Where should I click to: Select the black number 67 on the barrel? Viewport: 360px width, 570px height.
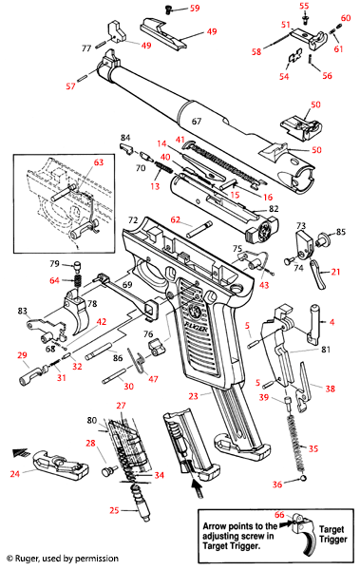197,122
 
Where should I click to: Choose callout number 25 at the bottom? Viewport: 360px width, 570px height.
114,510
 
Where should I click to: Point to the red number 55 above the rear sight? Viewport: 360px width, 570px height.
305,7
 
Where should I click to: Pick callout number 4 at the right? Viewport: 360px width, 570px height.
332,321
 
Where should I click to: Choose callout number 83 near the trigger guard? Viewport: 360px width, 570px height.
21,312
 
